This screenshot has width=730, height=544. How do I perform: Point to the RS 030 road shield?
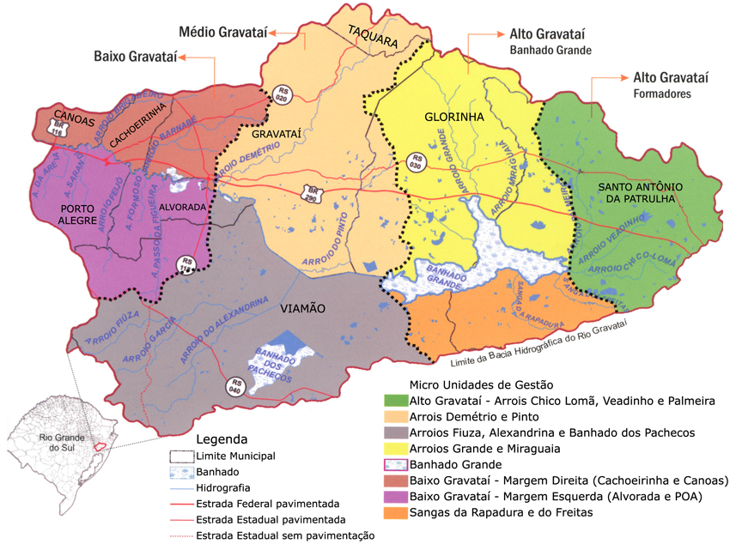(x=417, y=163)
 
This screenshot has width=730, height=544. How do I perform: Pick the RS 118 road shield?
(x=186, y=264)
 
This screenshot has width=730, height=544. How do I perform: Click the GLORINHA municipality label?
(x=454, y=117)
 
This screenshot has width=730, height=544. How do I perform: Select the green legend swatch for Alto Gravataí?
(x=395, y=401)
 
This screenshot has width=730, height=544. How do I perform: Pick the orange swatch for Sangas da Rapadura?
(x=395, y=513)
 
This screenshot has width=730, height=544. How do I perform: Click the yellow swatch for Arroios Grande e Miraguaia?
(x=395, y=449)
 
